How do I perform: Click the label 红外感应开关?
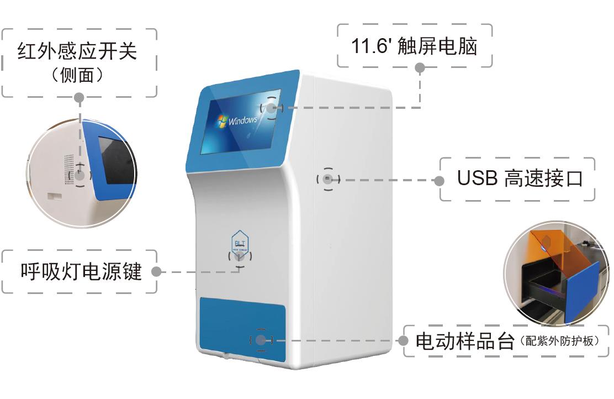tap(77, 51)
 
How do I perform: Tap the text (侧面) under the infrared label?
tap(77, 75)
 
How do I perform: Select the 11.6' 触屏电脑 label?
tap(414, 46)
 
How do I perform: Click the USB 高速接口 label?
tap(520, 178)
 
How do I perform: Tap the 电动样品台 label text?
tap(464, 340)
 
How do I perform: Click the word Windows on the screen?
tap(243, 120)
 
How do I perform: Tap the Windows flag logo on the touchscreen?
tap(223, 121)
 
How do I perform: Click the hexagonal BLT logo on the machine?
tap(240, 242)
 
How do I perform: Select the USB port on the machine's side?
tap(327, 179)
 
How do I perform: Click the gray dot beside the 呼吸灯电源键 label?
tap(156, 272)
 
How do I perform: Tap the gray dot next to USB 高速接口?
tap(440, 180)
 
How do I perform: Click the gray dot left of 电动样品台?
tap(404, 340)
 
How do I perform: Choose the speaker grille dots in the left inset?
tap(69, 166)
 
